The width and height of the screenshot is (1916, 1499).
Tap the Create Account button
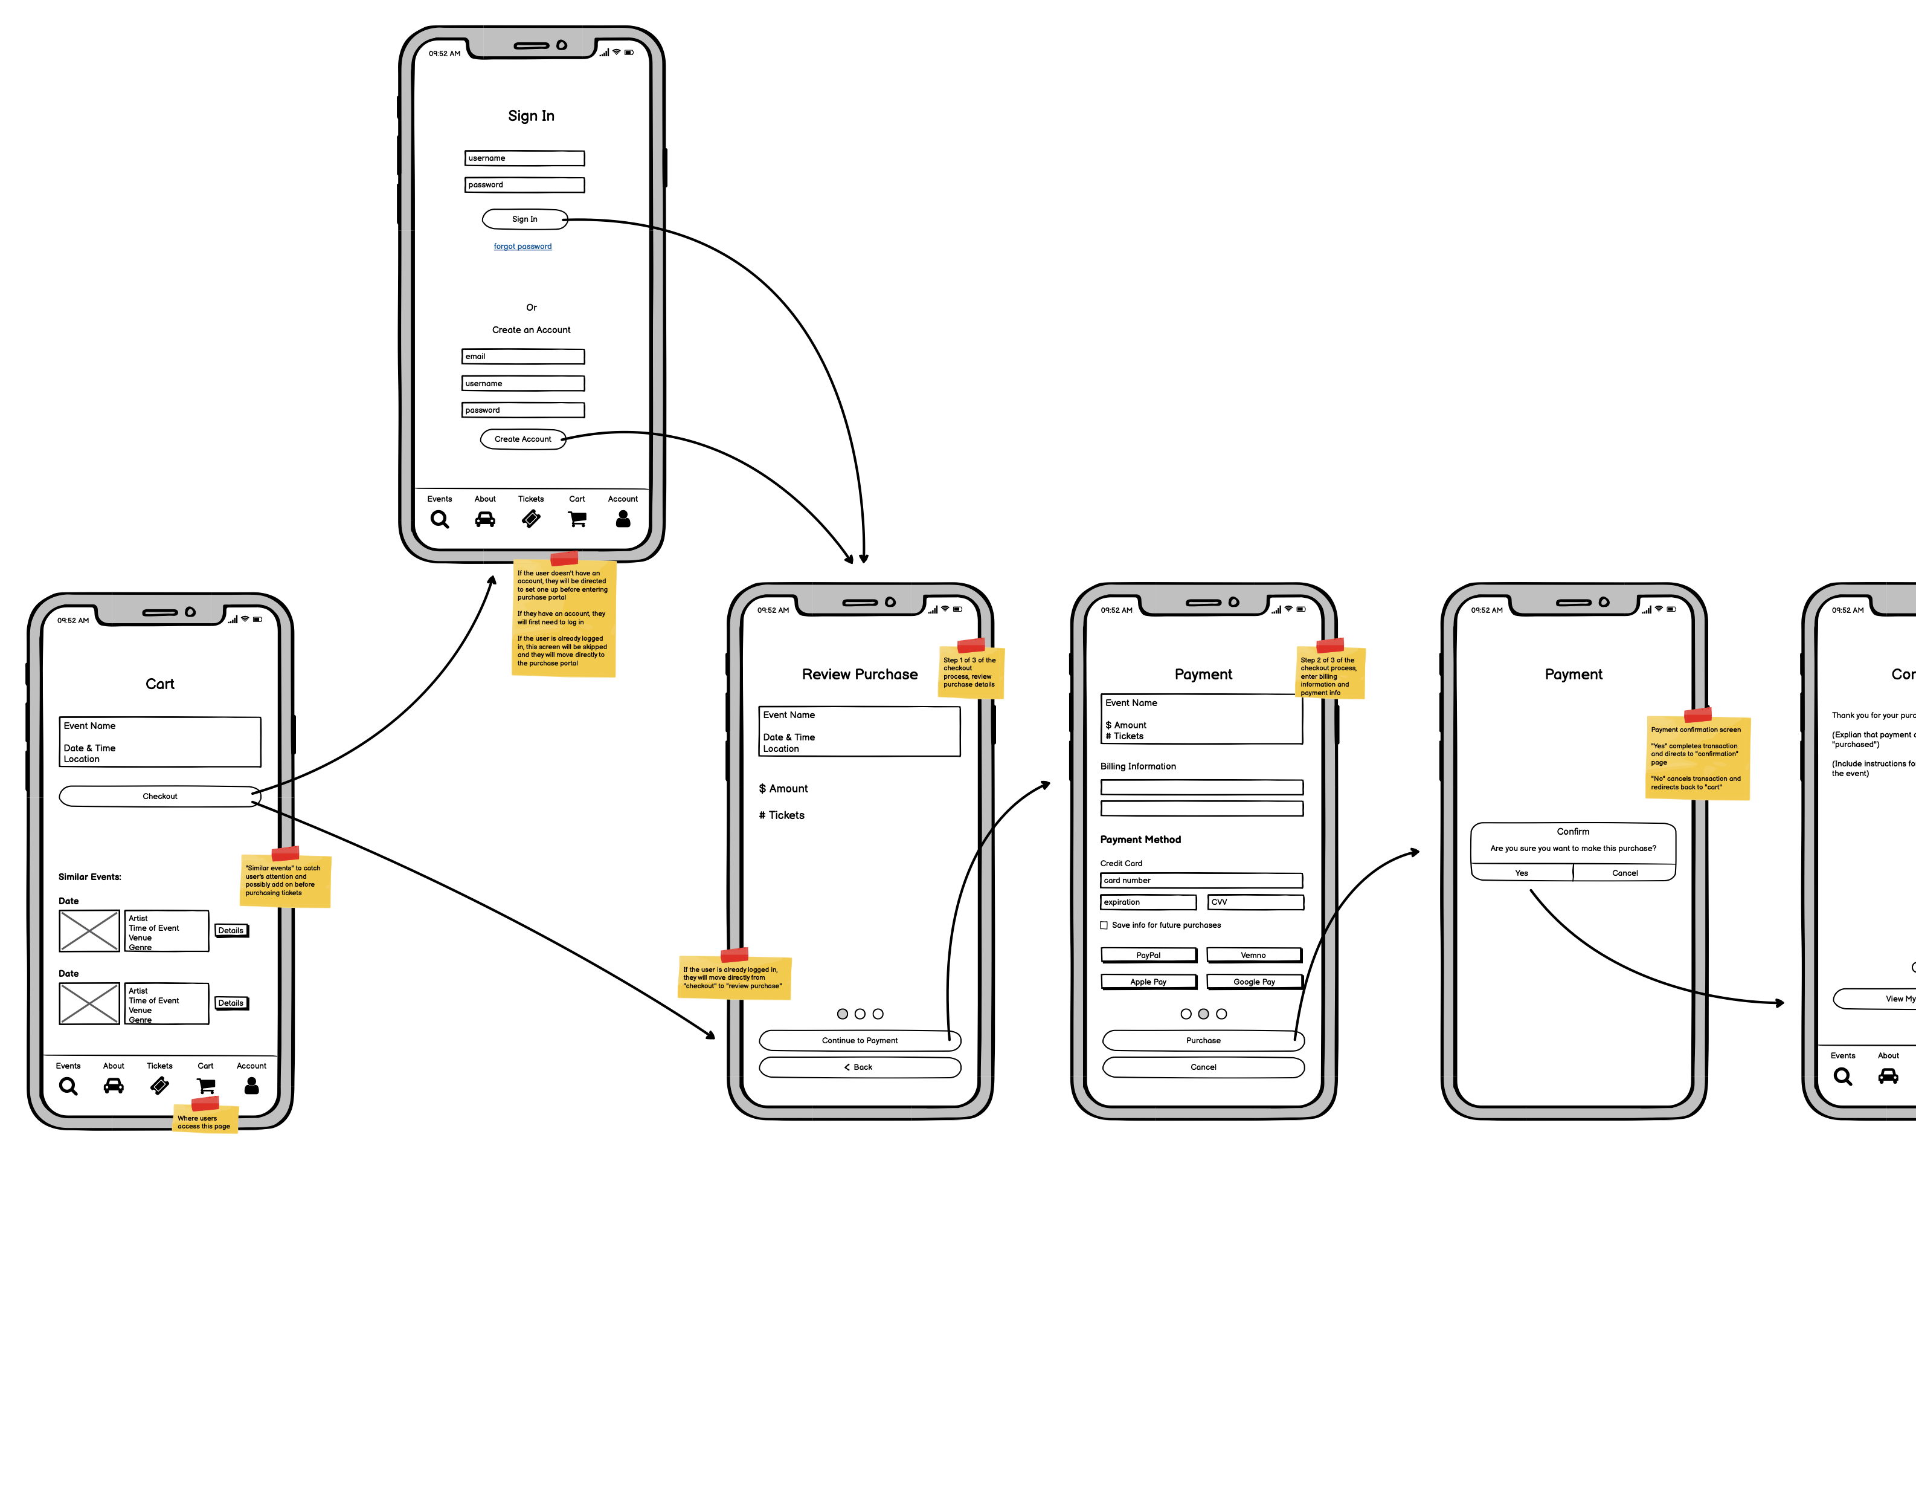coord(523,439)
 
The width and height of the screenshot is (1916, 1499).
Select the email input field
coord(523,357)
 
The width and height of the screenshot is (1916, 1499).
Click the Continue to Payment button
coord(859,1040)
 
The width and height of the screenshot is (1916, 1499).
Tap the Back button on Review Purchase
coord(859,1067)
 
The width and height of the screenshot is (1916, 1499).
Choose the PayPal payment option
coord(1148,955)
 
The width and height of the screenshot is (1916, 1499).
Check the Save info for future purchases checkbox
coord(1104,925)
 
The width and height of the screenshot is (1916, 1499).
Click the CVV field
coord(1255,902)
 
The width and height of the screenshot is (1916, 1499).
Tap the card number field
coord(1201,880)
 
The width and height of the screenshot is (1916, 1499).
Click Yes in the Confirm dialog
coord(1521,872)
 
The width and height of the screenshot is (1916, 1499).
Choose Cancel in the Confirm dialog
coord(1625,872)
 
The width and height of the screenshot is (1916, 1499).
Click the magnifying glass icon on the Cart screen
coord(68,1087)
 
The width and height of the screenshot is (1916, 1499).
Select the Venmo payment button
coord(1253,955)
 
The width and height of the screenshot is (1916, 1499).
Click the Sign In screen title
coord(531,116)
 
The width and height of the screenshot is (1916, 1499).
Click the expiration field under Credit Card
coord(1148,902)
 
